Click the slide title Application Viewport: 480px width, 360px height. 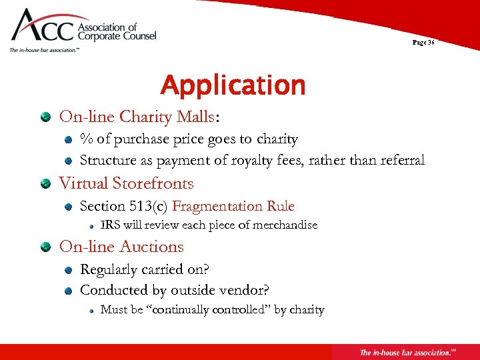tap(233, 86)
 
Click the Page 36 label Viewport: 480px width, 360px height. tap(423, 42)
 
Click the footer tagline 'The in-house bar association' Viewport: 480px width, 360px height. tap(407, 352)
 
